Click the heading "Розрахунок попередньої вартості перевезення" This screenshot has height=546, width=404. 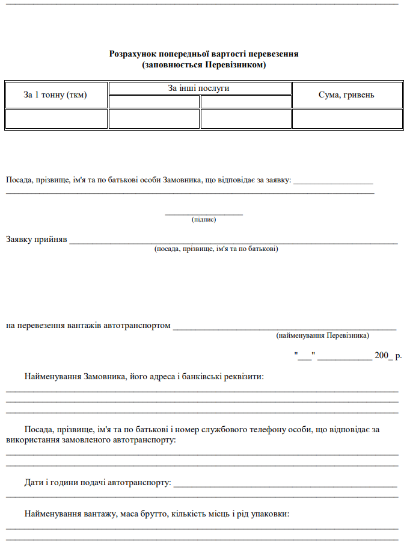coord(204,54)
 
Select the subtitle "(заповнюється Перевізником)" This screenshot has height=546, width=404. coord(204,64)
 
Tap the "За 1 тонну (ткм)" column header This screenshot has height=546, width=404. coord(55,95)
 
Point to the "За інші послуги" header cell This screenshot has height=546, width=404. coord(199,88)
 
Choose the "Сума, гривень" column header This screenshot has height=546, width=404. coord(346,95)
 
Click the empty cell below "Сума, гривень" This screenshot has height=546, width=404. coord(346,118)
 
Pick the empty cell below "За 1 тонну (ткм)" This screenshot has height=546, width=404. coord(55,118)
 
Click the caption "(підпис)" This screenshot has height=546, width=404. coord(204,220)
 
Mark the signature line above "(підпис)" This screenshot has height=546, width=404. coord(204,214)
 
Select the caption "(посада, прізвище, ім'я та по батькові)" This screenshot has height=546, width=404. coord(216,249)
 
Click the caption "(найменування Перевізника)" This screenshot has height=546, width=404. coord(323,335)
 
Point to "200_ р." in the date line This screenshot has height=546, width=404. coord(388,355)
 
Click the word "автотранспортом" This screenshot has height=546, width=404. coord(137,326)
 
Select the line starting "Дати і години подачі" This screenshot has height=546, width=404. coord(97,483)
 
